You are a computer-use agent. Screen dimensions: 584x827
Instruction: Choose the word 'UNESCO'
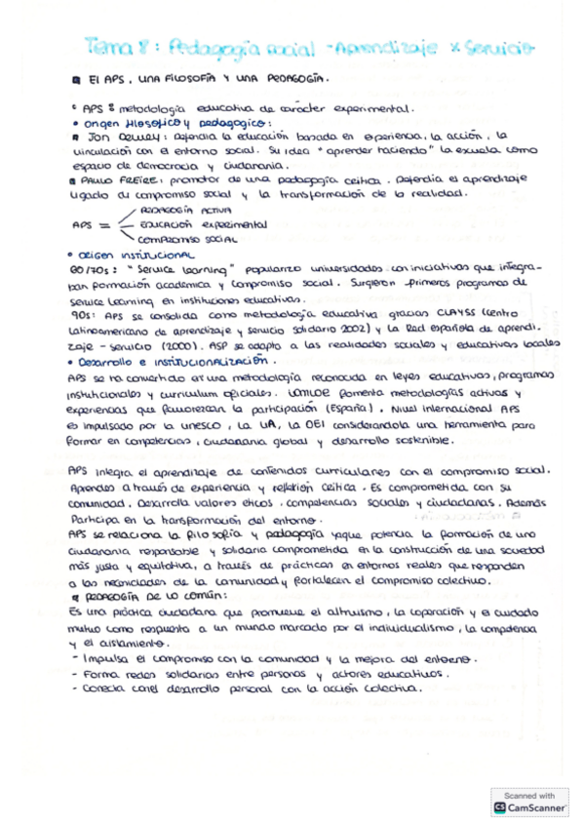(216, 426)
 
